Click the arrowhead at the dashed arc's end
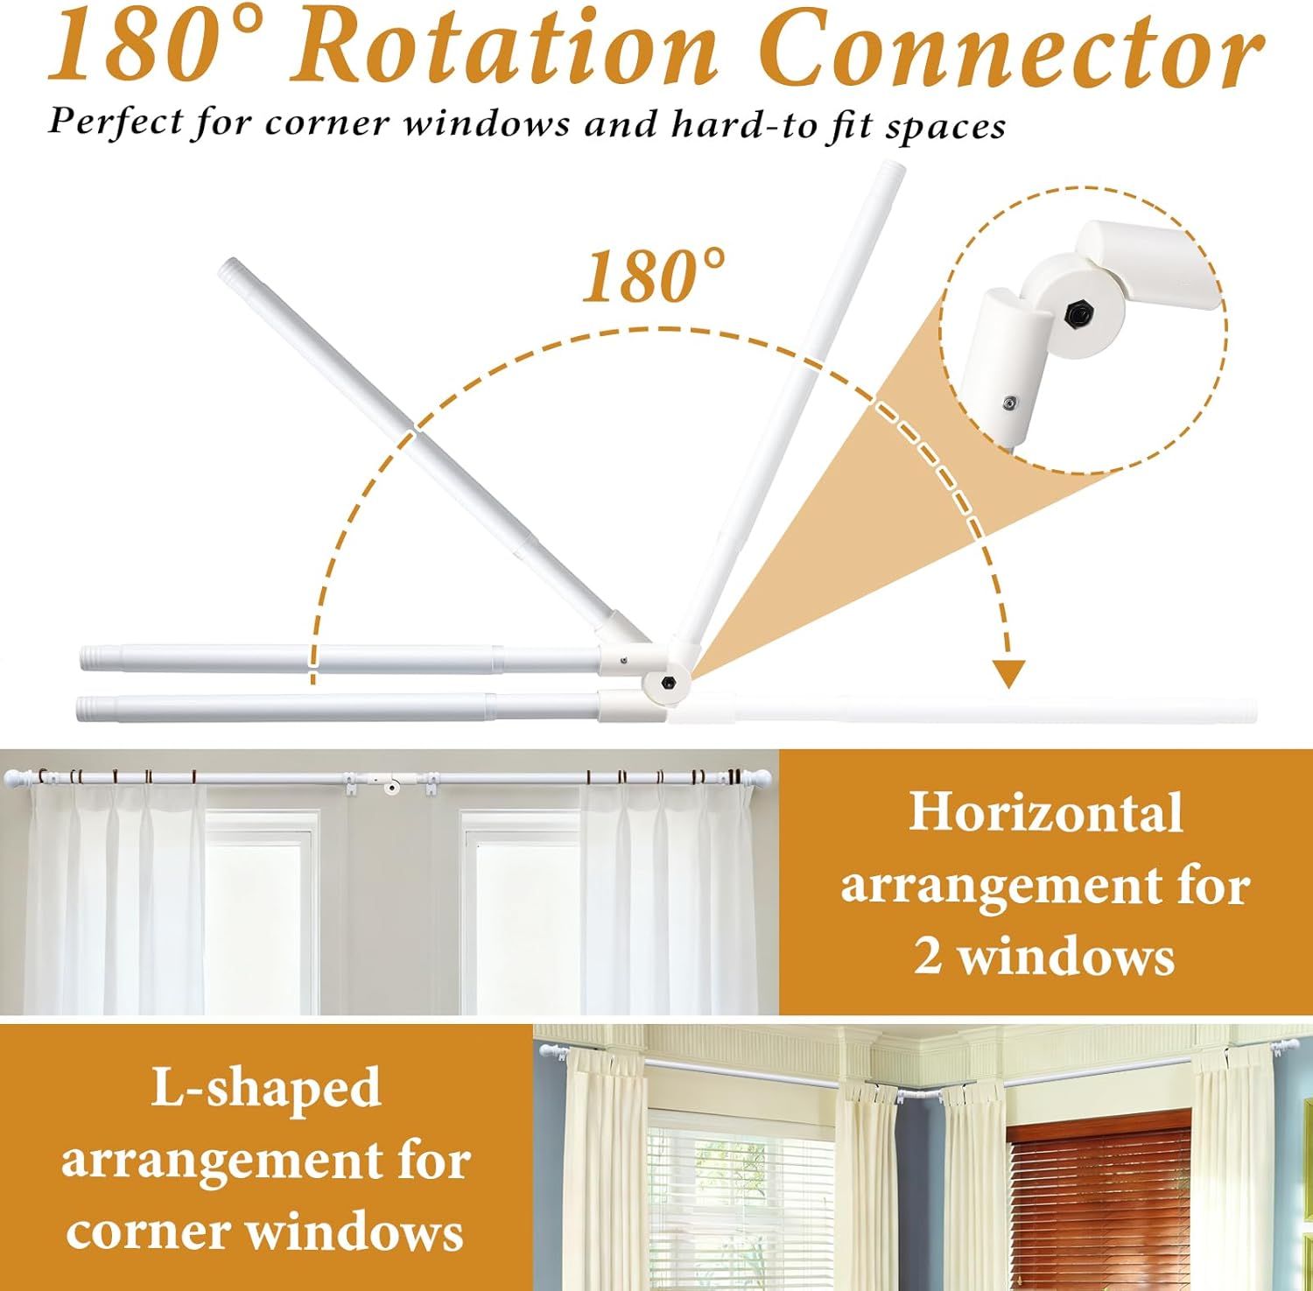1009,673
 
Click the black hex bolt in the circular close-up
1075,312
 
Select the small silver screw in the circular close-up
1010,403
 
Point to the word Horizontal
1046,812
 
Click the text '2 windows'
1045,955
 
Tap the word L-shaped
266,1089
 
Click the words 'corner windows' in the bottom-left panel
264,1231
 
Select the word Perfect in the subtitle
116,121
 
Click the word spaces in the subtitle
944,128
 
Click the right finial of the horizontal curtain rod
758,776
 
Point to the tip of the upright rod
894,166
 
